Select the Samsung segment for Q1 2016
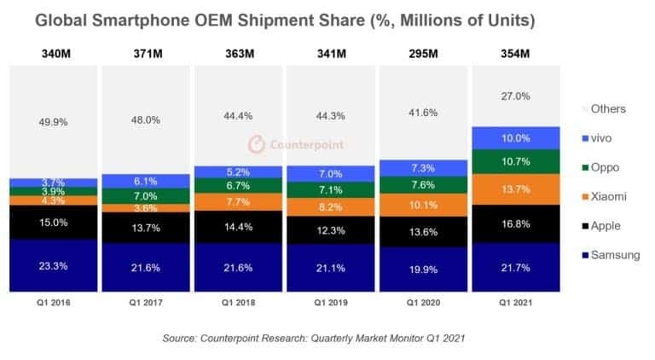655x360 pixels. [x=53, y=265]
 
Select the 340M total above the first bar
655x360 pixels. [x=53, y=55]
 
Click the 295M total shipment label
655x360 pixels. [x=424, y=55]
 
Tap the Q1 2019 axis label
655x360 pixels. [x=331, y=301]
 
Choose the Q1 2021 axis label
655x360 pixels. [x=517, y=301]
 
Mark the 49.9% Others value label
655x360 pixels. [x=53, y=122]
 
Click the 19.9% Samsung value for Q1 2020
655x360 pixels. [x=424, y=270]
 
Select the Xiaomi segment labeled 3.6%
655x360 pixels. [x=145, y=207]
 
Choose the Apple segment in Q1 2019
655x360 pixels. [x=331, y=230]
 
